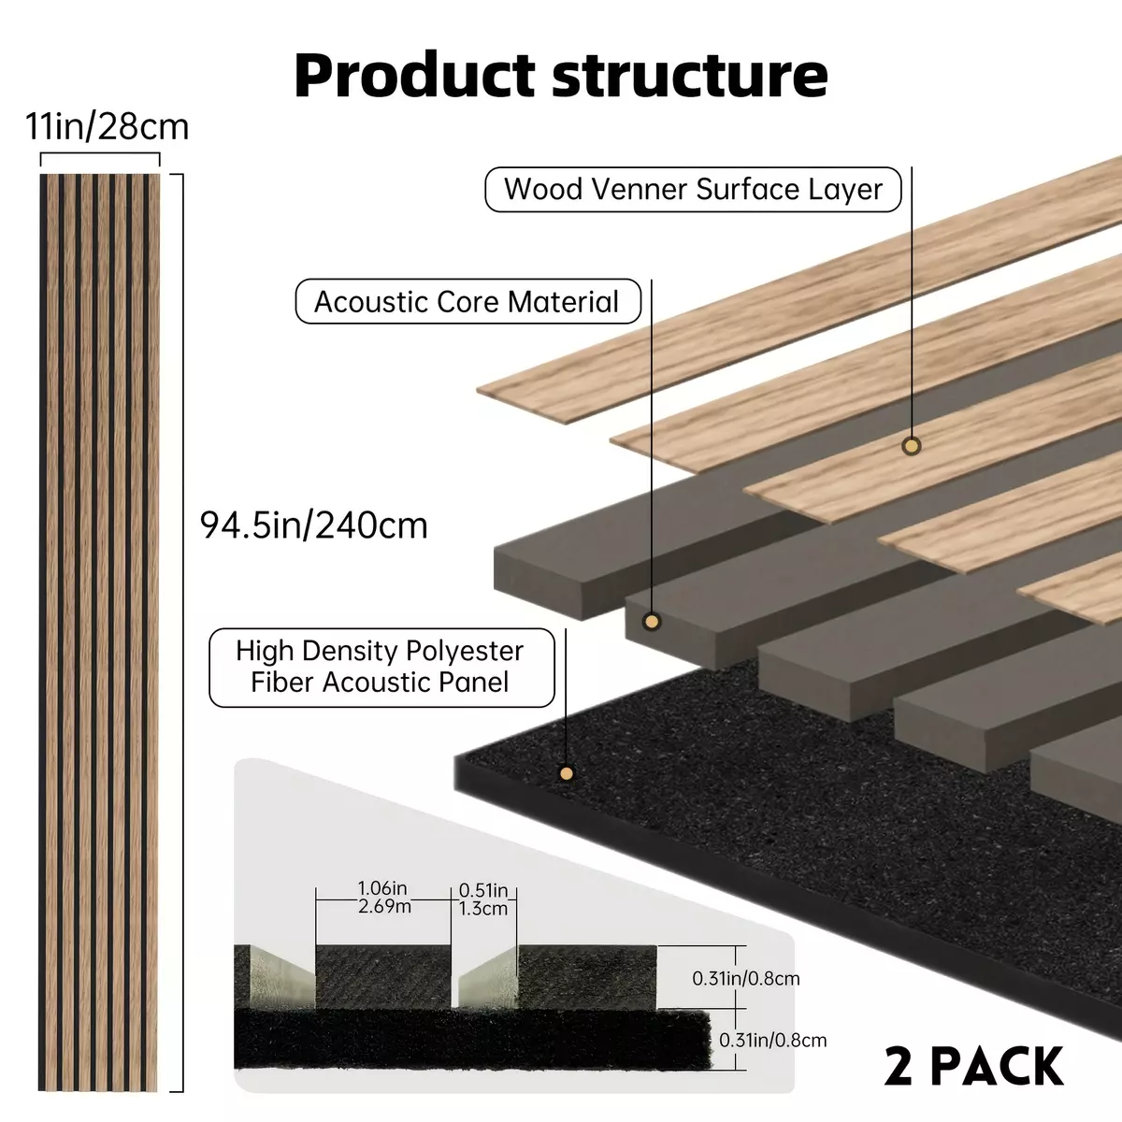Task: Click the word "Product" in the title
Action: tap(414, 76)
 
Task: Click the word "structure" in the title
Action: tap(690, 76)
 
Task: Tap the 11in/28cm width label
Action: tap(108, 126)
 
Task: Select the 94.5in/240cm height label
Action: tap(314, 525)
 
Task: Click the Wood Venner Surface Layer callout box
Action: tap(693, 189)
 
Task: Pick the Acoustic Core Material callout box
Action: tap(468, 302)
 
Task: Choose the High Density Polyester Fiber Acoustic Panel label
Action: tap(382, 668)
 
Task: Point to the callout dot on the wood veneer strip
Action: tap(912, 446)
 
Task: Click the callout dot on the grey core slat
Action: tap(652, 622)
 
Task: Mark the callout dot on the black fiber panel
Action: tap(566, 773)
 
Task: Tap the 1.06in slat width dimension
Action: tap(383, 897)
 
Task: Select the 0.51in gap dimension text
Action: tap(483, 899)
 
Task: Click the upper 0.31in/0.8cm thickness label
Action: tap(746, 978)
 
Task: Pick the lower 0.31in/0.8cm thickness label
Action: tap(772, 1040)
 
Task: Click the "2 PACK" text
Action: tap(973, 1066)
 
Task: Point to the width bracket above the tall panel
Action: tap(99, 153)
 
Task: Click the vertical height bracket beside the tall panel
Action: tap(182, 633)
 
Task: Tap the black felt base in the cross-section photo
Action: tap(471, 1040)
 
